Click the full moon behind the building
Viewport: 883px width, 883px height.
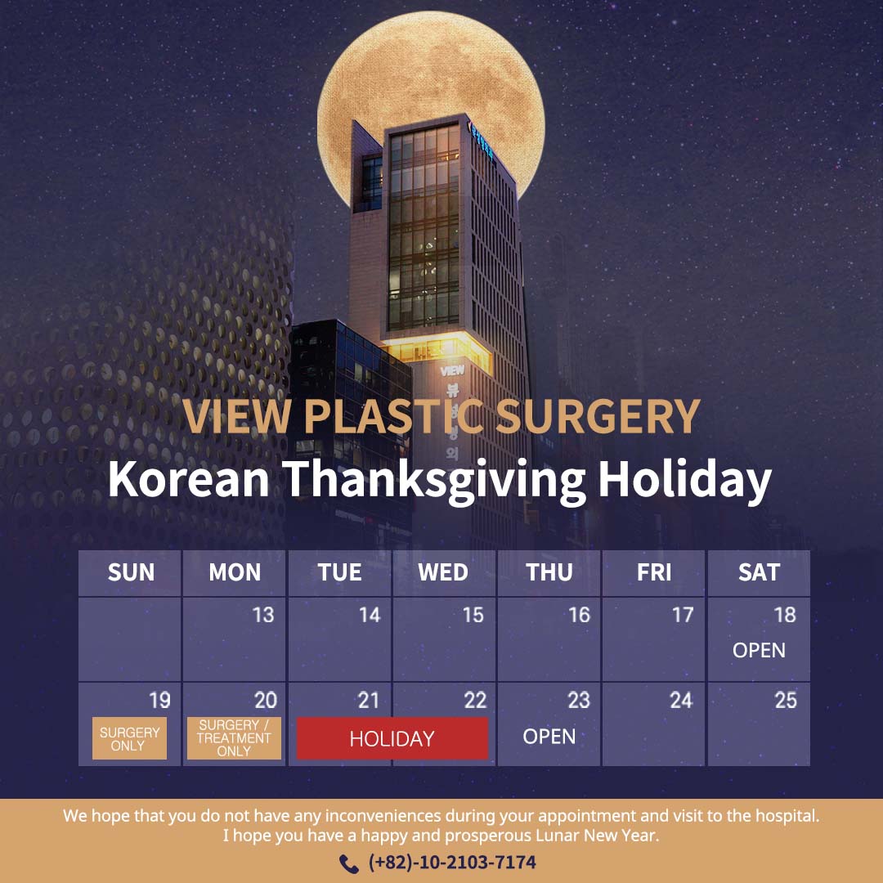[x=431, y=74]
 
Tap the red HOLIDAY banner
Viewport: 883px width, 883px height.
[x=392, y=738]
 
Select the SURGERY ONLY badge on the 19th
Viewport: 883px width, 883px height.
[x=129, y=738]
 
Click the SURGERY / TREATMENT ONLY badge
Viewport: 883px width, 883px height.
[x=234, y=738]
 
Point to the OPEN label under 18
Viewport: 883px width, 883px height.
[x=759, y=651]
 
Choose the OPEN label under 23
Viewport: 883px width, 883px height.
[x=549, y=737]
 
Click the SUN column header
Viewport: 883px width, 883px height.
[x=131, y=572]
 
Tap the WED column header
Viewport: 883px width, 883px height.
[x=443, y=572]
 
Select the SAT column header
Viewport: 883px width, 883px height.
[x=759, y=572]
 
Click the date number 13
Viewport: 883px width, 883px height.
[x=263, y=615]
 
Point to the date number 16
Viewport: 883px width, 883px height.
[x=579, y=615]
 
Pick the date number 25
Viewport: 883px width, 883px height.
[x=786, y=701]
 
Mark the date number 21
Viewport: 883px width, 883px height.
[x=369, y=701]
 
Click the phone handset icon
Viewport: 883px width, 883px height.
[x=349, y=863]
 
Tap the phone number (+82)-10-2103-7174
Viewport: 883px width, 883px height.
[x=452, y=863]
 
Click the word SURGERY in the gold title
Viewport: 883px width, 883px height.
[x=598, y=417]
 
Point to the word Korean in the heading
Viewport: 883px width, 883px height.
[x=189, y=478]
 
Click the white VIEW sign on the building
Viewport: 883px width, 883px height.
[x=452, y=370]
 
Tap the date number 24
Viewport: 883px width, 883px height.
[x=681, y=701]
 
